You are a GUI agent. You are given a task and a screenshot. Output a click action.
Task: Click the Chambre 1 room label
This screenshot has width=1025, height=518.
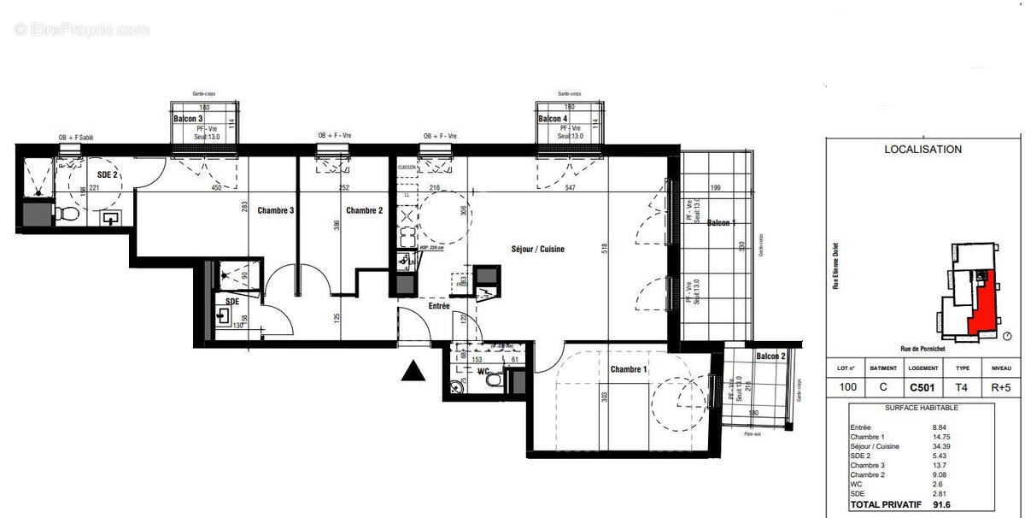click(x=629, y=369)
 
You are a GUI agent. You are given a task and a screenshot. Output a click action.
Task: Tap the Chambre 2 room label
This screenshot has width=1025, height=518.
click(x=365, y=210)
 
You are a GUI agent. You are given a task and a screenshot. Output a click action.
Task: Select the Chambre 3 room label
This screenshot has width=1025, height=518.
click(x=276, y=210)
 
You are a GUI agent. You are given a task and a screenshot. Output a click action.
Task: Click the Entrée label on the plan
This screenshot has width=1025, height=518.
click(x=439, y=306)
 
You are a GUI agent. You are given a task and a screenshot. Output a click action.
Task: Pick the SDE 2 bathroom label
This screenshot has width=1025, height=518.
click(x=107, y=174)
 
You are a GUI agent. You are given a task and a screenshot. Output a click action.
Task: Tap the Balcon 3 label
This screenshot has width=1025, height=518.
click(x=188, y=119)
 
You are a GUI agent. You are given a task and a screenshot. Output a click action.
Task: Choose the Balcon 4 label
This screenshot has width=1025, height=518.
click(x=552, y=119)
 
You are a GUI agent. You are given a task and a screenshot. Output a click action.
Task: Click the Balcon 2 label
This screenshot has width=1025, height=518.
click(x=770, y=356)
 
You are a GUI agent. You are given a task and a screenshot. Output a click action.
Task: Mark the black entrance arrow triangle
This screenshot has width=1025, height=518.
click(x=413, y=370)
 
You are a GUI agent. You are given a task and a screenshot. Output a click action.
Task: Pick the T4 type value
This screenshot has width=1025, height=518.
click(x=963, y=387)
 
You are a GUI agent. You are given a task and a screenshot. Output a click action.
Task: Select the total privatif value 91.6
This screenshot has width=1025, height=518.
click(x=944, y=505)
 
